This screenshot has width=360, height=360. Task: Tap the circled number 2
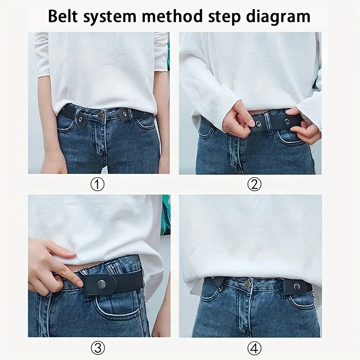click(x=254, y=184)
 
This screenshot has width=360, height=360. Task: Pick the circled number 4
click(x=254, y=348)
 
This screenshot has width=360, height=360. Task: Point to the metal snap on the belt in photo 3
click(x=102, y=284)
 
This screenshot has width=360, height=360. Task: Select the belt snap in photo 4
click(x=297, y=286)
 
